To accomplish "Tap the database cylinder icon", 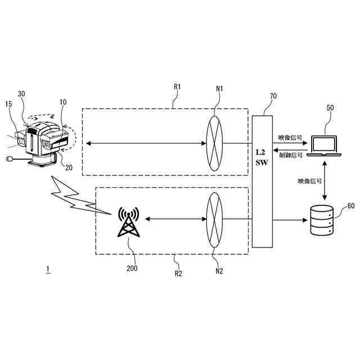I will (323, 220).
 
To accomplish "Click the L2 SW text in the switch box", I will (260, 157).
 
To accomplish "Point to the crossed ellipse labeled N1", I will (214, 144).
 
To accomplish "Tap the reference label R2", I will (177, 274).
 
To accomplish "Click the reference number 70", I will (273, 96).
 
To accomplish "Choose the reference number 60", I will (350, 206).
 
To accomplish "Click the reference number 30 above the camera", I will (22, 94).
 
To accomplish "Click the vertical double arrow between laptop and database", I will (323, 181).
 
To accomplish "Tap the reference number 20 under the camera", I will (69, 166).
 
